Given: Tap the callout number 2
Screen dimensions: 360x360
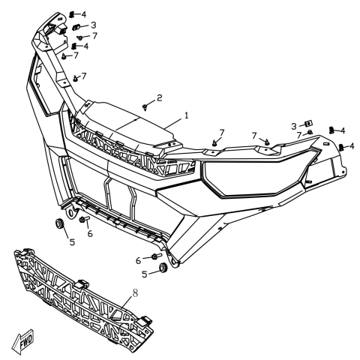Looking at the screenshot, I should (159, 97).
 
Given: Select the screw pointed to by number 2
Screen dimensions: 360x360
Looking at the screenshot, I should (144, 109).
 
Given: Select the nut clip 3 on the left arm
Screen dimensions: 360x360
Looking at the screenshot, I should (76, 27).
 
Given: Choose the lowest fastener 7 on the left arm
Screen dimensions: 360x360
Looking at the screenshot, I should (76, 79).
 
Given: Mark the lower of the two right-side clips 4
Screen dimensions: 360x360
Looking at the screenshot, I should (342, 147).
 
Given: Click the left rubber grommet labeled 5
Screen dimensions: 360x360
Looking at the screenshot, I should (58, 224).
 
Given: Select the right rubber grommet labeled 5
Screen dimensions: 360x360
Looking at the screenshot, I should (160, 268).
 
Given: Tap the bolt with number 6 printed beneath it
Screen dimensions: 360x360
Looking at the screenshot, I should (83, 220).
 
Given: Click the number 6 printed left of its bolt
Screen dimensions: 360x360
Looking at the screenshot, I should (137, 260).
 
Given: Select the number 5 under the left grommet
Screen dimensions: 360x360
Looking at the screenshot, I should (72, 241).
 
